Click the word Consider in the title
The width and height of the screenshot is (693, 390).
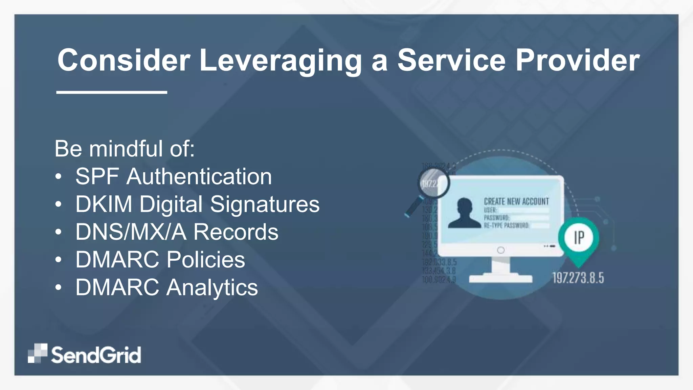[x=124, y=60]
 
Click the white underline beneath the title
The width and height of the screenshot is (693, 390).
[x=112, y=92]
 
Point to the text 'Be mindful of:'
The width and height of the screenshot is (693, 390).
[x=125, y=149]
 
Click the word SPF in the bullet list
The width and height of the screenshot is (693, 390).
[x=97, y=176]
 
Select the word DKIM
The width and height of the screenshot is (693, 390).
[x=104, y=204]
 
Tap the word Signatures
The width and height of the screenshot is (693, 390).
[x=265, y=205]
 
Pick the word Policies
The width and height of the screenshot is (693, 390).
[x=206, y=260]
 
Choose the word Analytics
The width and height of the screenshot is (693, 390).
[x=212, y=288]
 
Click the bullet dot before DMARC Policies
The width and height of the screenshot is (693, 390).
[x=59, y=260]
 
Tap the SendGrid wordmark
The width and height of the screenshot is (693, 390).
[x=96, y=355]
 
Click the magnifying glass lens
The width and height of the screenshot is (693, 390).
[x=433, y=183]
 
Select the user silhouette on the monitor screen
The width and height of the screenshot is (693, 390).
[x=464, y=213]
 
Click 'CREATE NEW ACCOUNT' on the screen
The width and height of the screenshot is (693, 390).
[x=516, y=201]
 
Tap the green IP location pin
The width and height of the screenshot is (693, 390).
[x=579, y=238]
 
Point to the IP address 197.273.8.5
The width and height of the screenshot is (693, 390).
[x=578, y=278]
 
